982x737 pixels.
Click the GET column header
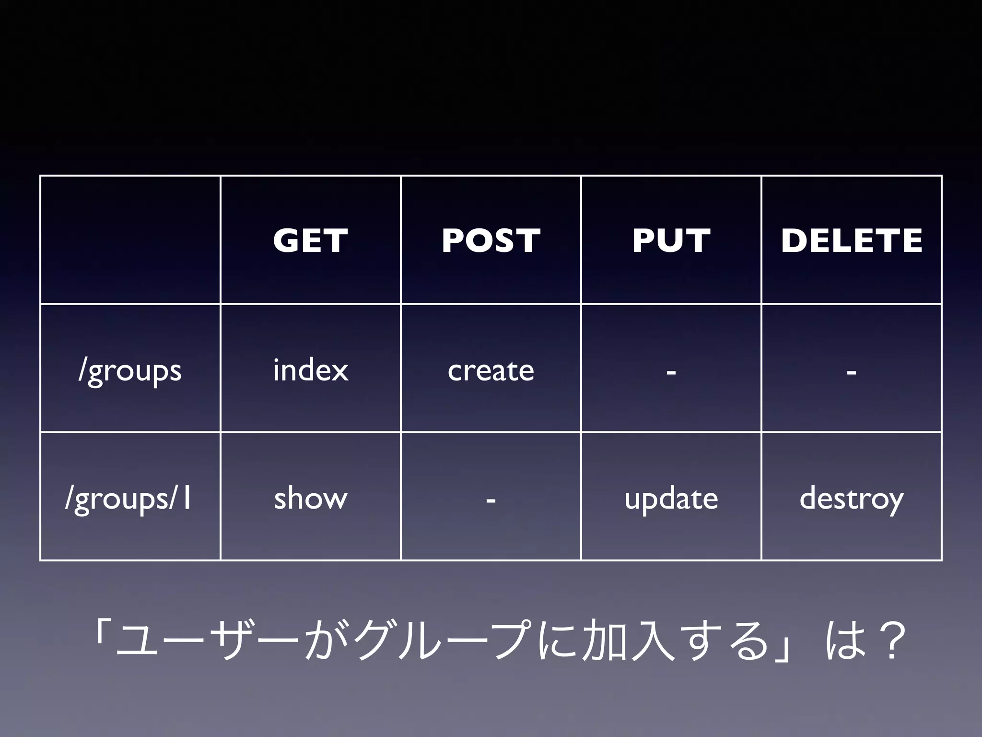(x=310, y=240)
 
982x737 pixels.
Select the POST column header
(x=491, y=240)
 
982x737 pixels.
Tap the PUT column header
(x=671, y=240)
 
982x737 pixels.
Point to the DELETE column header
(x=852, y=240)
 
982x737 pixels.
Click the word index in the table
(x=310, y=370)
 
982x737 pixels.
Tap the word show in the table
(x=310, y=498)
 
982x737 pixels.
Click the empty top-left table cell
(x=130, y=240)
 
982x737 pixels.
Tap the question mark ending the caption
(x=891, y=641)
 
